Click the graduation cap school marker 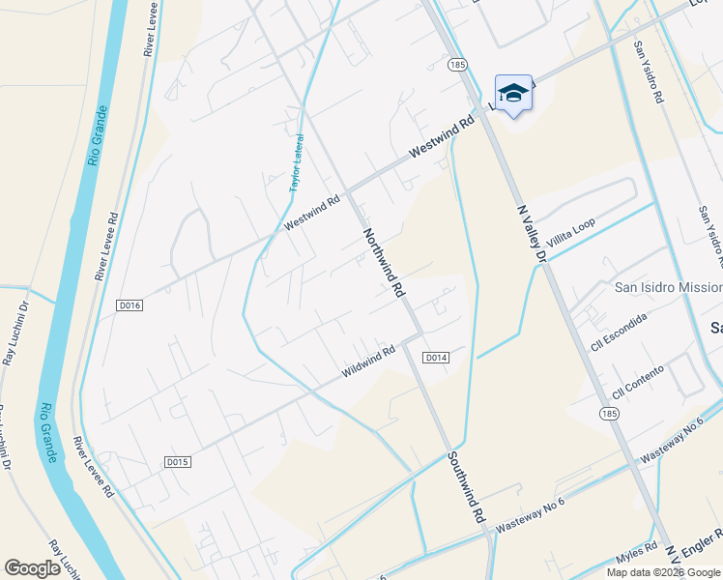pos(514,93)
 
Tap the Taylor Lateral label pos(297,162)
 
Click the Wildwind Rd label pos(368,362)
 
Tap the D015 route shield pos(175,462)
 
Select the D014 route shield pos(437,358)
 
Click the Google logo pos(32,568)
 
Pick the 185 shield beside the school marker pos(458,64)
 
